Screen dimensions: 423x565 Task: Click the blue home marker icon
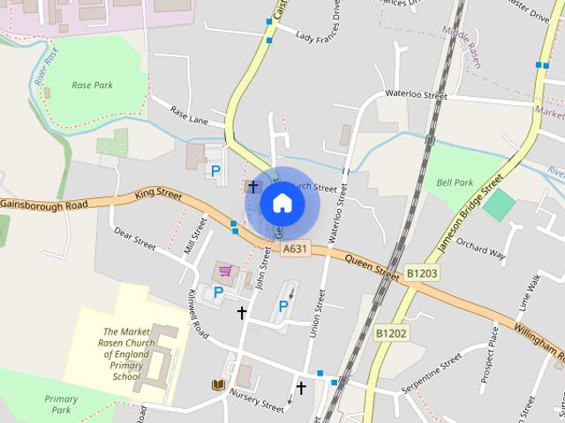pyautogui.click(x=281, y=203)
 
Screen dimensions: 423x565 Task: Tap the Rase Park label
pyautogui.click(x=91, y=86)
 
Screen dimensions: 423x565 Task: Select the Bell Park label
pyautogui.click(x=455, y=182)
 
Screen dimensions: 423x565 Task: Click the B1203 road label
pyautogui.click(x=422, y=274)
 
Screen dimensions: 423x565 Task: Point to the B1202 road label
pyautogui.click(x=390, y=333)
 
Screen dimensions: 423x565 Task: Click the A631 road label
pyautogui.click(x=296, y=250)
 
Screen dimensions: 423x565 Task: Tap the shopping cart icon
pyautogui.click(x=225, y=271)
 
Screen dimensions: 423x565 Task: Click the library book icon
pyautogui.click(x=216, y=384)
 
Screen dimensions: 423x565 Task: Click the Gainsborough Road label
pyautogui.click(x=44, y=204)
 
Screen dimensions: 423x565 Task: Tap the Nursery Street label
pyautogui.click(x=257, y=399)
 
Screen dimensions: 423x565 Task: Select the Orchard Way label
pyautogui.click(x=482, y=250)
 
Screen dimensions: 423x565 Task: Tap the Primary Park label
pyautogui.click(x=60, y=404)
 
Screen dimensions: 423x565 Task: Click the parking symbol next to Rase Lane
pyautogui.click(x=215, y=169)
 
